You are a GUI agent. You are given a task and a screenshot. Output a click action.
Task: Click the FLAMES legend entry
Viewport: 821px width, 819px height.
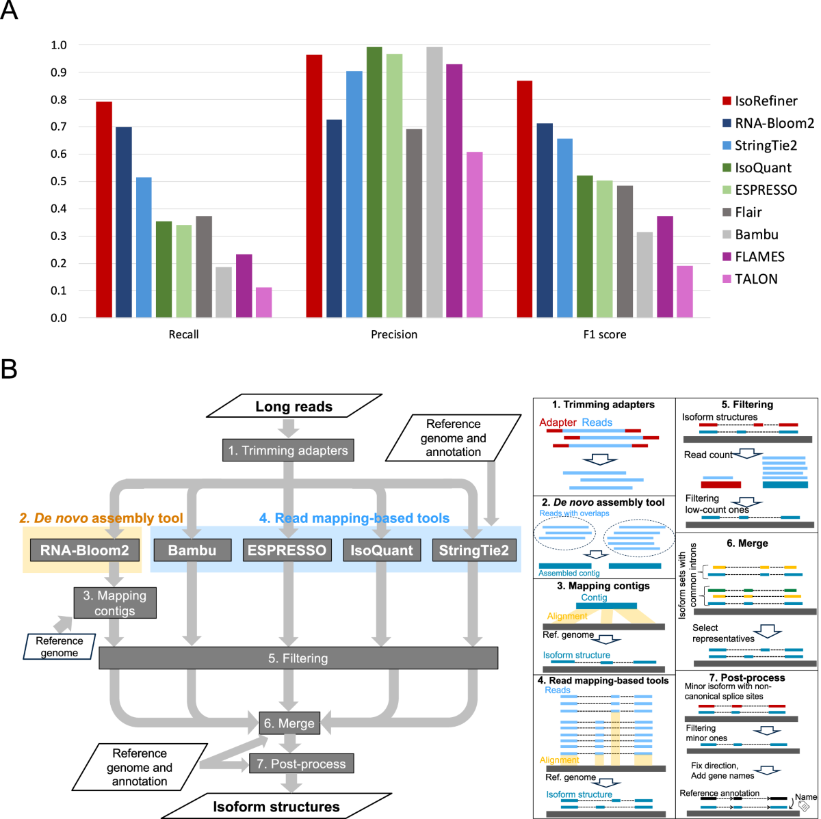point(759,257)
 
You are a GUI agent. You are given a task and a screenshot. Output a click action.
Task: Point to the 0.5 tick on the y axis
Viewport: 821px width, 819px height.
point(59,181)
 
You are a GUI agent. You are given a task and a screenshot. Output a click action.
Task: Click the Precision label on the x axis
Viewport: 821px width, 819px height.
point(394,334)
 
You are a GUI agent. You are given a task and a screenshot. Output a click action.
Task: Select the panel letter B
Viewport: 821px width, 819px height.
point(10,370)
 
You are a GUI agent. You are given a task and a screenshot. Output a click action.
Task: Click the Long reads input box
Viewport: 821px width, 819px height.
point(294,406)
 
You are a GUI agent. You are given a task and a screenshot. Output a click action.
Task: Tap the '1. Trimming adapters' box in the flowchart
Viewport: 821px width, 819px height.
point(288,451)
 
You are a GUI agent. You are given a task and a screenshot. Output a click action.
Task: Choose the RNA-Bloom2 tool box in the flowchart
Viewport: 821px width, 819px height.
point(85,550)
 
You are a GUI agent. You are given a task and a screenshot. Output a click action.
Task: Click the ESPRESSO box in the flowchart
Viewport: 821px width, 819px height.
point(287,550)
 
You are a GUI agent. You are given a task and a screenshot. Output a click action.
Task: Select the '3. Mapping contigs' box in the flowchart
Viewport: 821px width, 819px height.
point(115,603)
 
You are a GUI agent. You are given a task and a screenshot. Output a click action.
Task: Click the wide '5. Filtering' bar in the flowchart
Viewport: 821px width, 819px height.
point(298,658)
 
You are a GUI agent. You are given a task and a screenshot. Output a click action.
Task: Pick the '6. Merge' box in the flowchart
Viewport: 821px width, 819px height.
point(289,723)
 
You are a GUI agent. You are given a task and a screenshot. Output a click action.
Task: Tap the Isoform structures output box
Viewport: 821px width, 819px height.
point(276,807)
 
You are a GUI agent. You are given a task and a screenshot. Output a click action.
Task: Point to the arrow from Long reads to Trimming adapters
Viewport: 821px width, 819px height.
point(289,428)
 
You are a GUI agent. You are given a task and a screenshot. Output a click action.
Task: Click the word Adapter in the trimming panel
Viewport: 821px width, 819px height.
point(558,422)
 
